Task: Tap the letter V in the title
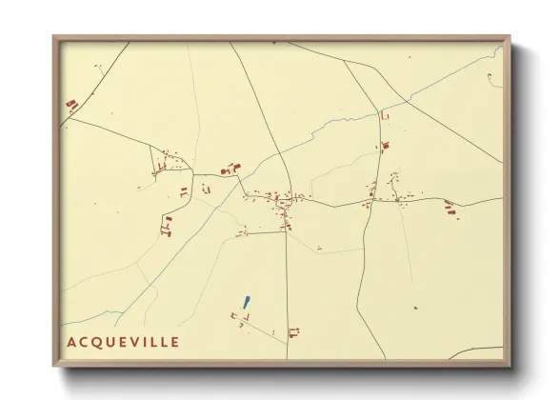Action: [134, 341]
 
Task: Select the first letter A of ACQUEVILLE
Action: [71, 341]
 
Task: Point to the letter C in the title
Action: [86, 341]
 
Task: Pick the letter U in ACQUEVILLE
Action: [114, 341]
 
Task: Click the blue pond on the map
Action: [246, 302]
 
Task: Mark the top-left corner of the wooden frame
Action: [53, 36]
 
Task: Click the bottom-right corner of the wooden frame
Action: [510, 368]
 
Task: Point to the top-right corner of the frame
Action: [510, 36]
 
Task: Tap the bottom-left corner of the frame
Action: [53, 368]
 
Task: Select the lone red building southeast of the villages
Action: [415, 308]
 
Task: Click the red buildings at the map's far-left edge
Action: [70, 105]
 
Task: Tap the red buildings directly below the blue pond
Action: [238, 316]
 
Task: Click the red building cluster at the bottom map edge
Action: [292, 332]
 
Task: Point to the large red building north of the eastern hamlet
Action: [385, 147]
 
